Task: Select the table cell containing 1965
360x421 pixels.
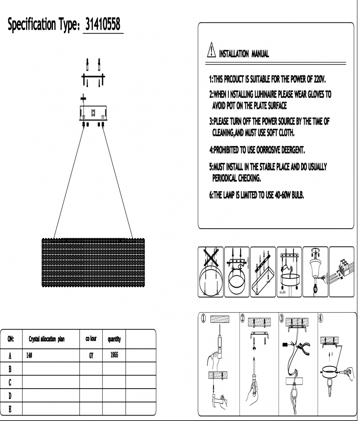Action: click(x=114, y=355)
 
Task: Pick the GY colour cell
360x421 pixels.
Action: click(x=91, y=355)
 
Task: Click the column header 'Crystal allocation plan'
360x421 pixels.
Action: click(x=47, y=338)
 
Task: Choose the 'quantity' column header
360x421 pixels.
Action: click(x=114, y=338)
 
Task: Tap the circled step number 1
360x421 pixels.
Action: click(x=203, y=319)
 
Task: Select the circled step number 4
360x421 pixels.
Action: click(x=321, y=319)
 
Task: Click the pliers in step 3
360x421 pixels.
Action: click(x=299, y=347)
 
